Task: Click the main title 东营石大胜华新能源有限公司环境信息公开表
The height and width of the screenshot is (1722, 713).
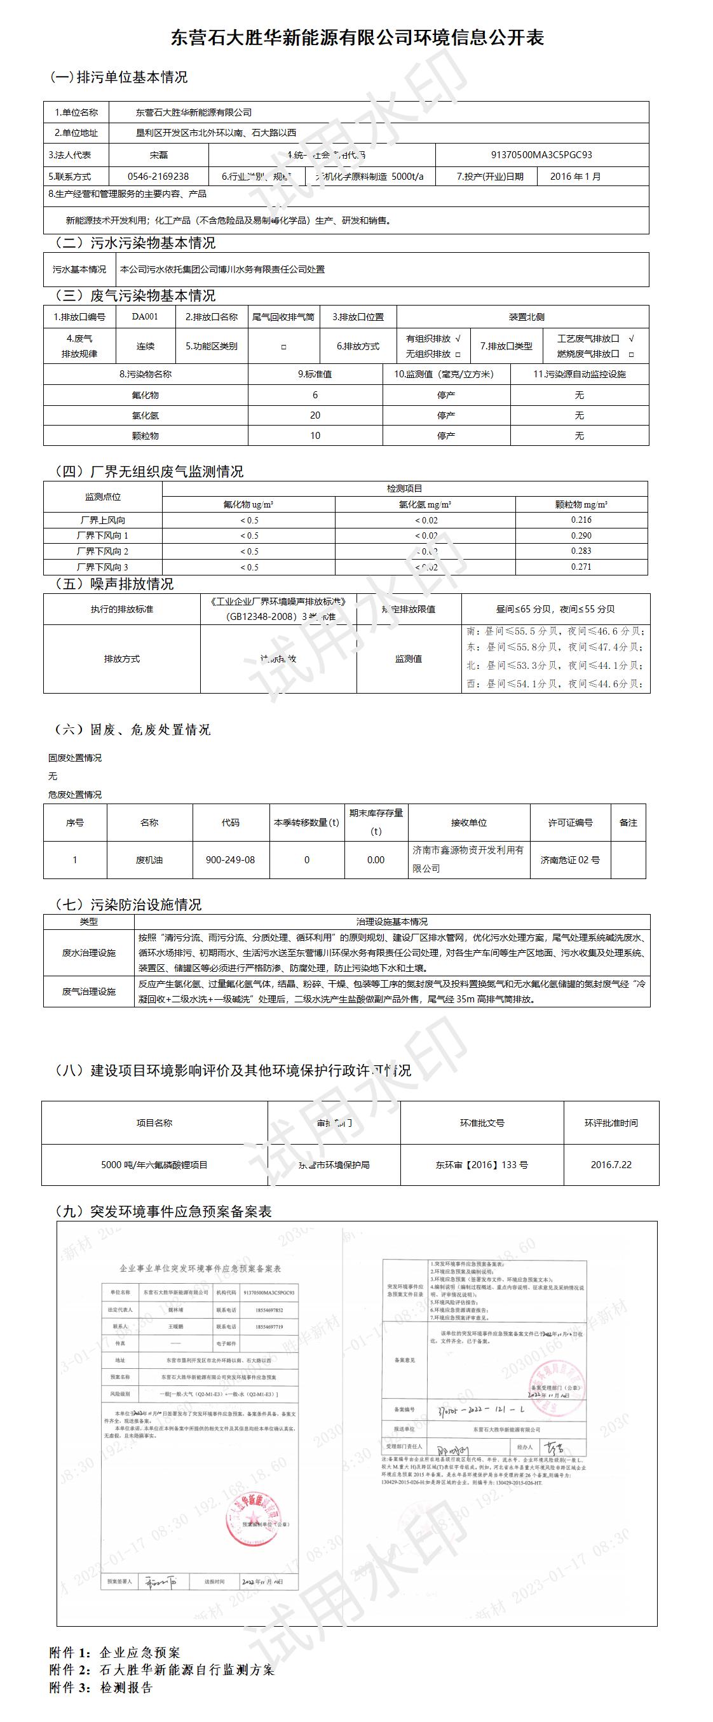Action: (356, 38)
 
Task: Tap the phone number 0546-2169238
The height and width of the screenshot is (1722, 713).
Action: (158, 177)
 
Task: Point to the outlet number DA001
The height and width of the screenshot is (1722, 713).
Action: (145, 316)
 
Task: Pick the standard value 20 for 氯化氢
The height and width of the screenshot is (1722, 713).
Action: (315, 415)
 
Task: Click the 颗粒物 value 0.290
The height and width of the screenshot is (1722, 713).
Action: (581, 535)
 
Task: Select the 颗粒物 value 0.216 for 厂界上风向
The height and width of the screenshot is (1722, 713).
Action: (581, 520)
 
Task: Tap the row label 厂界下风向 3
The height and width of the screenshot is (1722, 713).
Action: (102, 567)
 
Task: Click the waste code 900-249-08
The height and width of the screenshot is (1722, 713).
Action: (230, 859)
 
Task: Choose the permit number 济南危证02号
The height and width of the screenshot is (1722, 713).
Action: (570, 859)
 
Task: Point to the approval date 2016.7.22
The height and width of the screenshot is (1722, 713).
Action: (611, 1164)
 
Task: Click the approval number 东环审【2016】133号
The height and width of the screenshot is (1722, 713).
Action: (482, 1164)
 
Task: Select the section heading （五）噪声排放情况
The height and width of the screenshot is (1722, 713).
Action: (114, 584)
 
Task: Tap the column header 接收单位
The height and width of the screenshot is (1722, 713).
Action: (469, 822)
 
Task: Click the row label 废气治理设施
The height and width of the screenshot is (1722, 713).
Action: (89, 992)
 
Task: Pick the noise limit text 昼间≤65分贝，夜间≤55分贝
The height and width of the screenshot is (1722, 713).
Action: (555, 609)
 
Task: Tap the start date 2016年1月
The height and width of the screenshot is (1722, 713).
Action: (575, 177)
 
